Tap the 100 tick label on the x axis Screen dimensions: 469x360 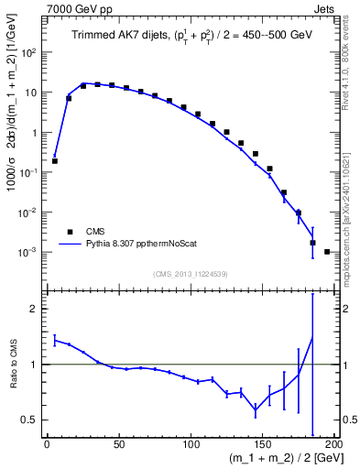pyautogui.click(x=191, y=445)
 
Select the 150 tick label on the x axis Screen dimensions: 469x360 pyautogui.click(x=264, y=445)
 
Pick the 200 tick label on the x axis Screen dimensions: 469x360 pyautogui.click(x=333, y=445)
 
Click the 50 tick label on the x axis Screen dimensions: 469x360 pyautogui.click(x=119, y=445)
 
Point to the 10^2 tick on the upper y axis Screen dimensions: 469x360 pyautogui.click(x=30, y=52)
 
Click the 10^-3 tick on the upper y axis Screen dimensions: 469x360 pyautogui.click(x=30, y=252)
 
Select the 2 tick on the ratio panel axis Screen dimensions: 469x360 pyautogui.click(x=35, y=309)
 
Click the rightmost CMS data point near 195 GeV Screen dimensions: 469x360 pyautogui.click(x=328, y=251)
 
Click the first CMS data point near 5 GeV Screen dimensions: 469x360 pyautogui.click(x=54, y=160)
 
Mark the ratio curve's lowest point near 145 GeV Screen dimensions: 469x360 pyautogui.click(x=256, y=410)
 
